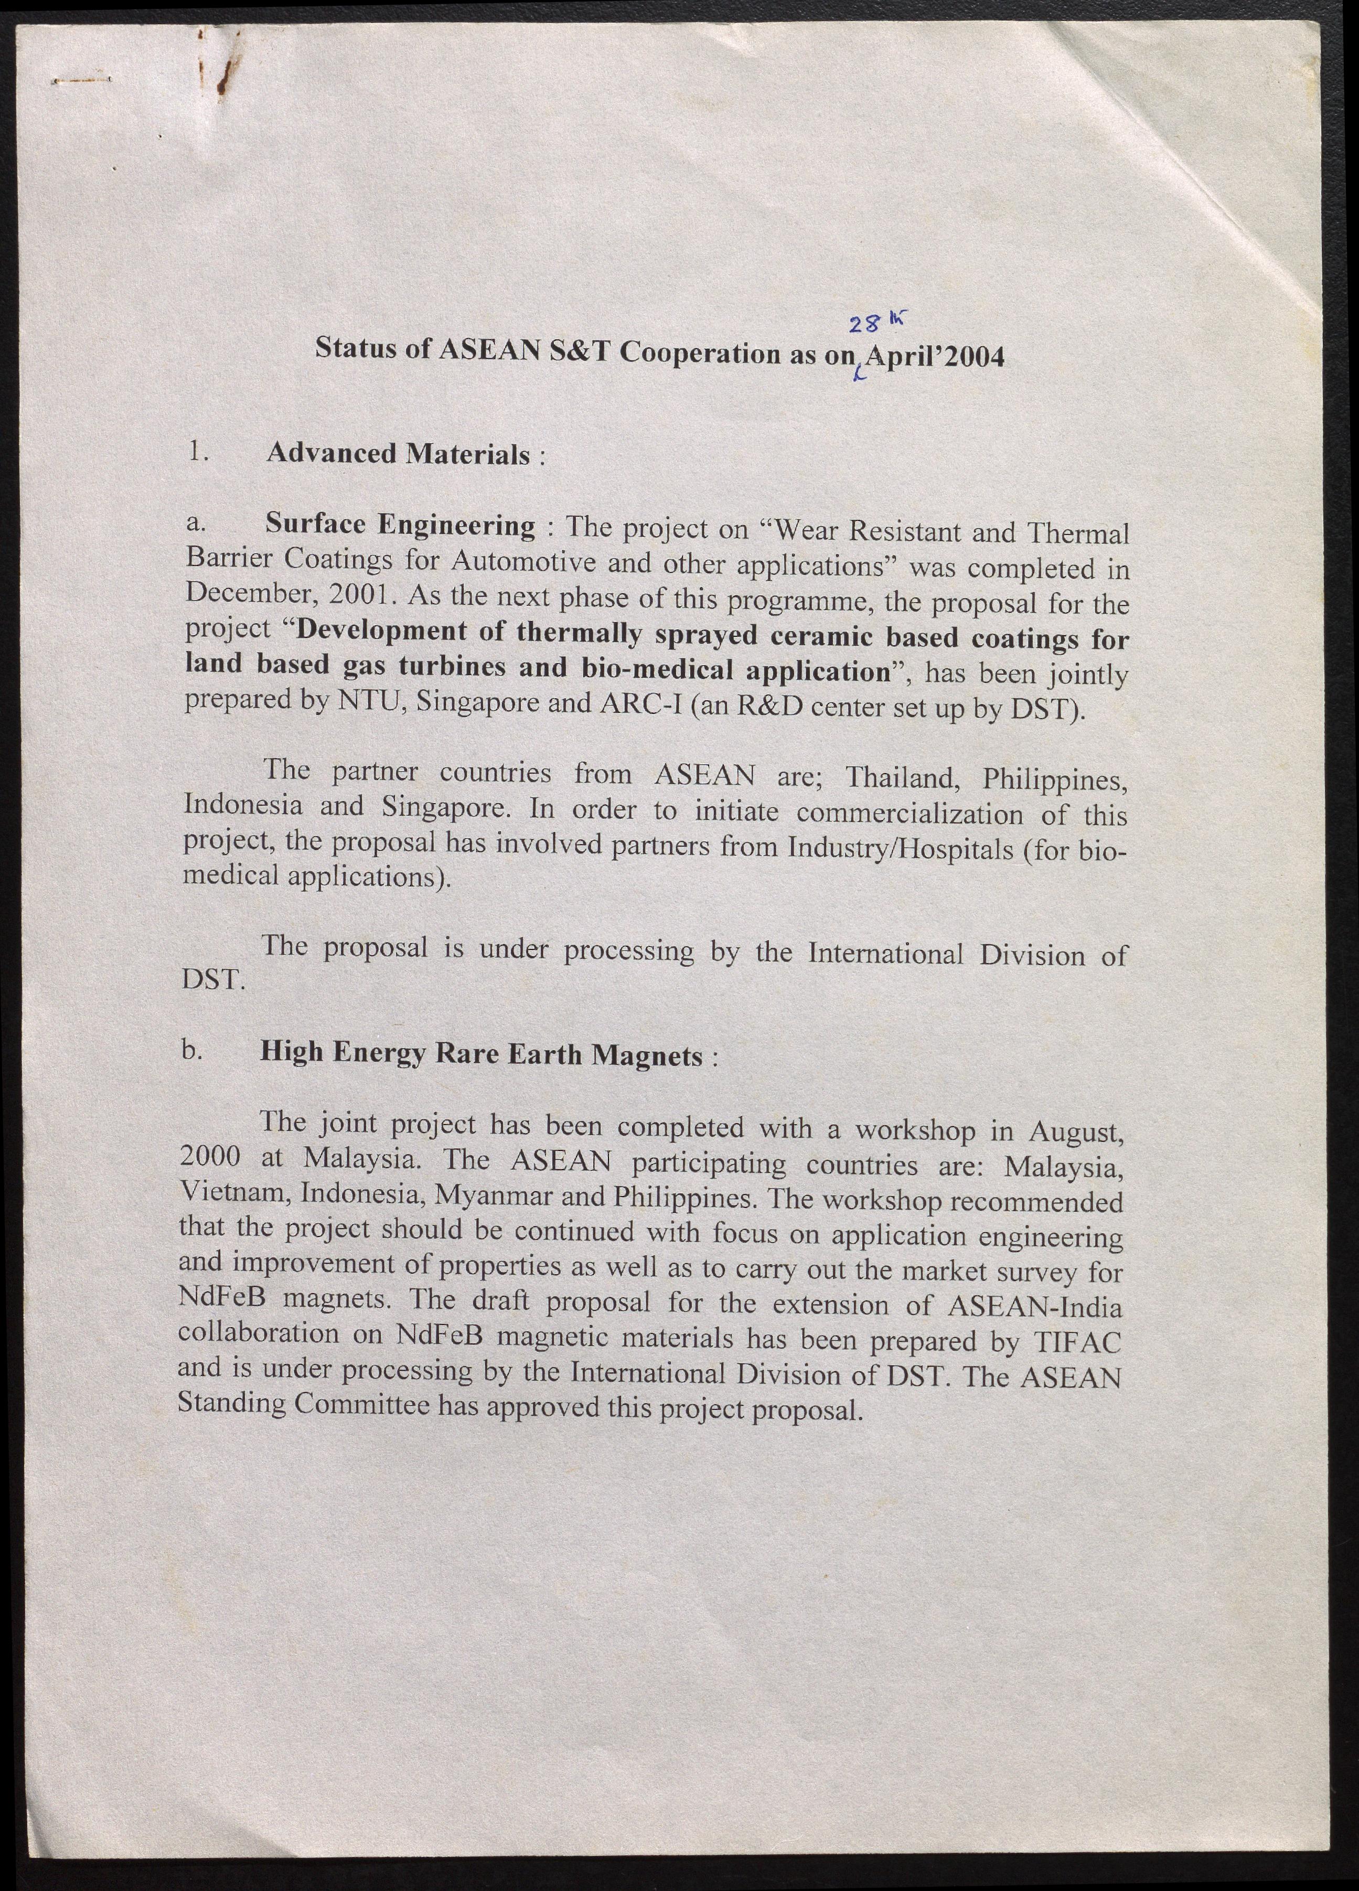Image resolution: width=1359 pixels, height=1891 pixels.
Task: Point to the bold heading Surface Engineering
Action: [400, 525]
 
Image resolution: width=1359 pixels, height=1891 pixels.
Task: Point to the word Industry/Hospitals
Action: [900, 850]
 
